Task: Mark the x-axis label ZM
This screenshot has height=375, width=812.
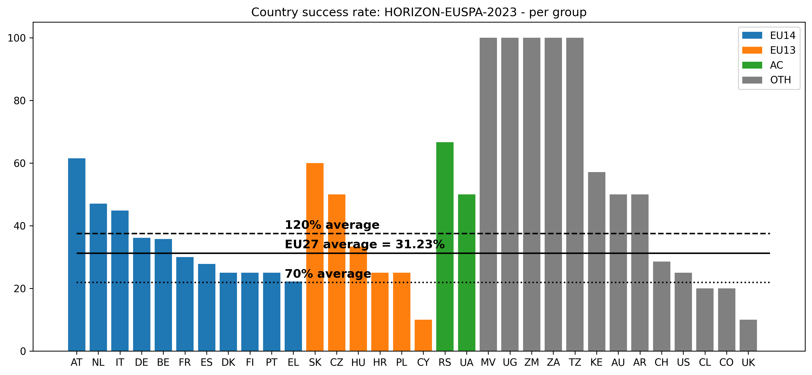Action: pyautogui.click(x=531, y=363)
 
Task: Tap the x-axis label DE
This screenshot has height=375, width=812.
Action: pyautogui.click(x=142, y=363)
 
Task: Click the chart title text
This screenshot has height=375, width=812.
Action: pyautogui.click(x=419, y=12)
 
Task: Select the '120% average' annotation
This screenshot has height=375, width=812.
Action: pyautogui.click(x=332, y=225)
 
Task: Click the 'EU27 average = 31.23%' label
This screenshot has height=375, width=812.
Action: pyautogui.click(x=364, y=244)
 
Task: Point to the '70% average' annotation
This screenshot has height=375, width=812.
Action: pyautogui.click(x=328, y=274)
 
